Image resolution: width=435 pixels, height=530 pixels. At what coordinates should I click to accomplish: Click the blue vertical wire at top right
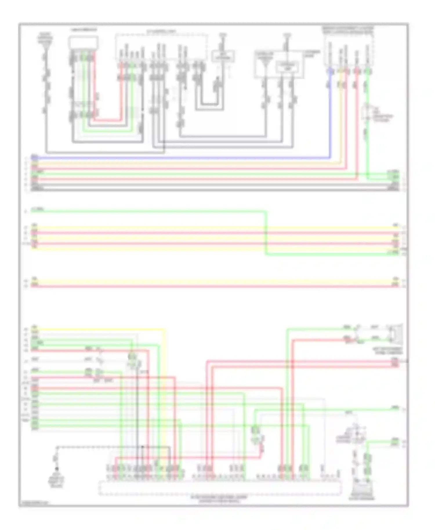330,116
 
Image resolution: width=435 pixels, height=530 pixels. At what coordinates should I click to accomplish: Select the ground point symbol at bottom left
57,469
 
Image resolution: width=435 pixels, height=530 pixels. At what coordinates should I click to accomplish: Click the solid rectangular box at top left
83,43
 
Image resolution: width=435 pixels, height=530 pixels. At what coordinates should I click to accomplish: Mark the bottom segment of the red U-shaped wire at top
107,120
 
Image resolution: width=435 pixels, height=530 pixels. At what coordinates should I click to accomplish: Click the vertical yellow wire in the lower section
164,391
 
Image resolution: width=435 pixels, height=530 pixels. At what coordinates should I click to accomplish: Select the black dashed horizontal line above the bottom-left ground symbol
113,447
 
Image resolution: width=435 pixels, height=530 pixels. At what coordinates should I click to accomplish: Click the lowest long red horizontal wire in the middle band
215,286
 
